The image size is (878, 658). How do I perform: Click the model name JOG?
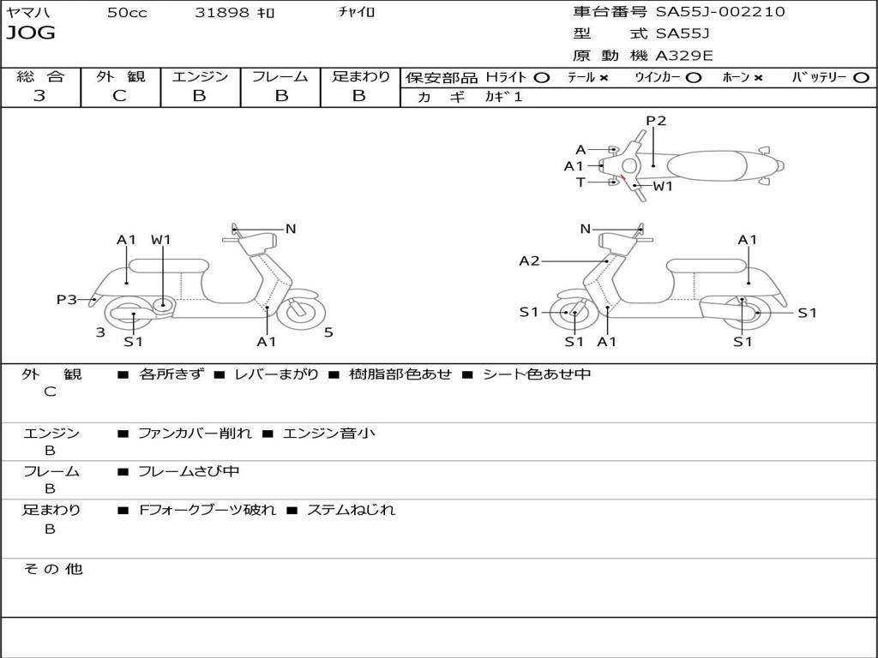(30, 33)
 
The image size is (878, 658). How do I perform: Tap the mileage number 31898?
(222, 12)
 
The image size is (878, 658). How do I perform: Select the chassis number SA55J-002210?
(720, 12)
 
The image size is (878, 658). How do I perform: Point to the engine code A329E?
(684, 56)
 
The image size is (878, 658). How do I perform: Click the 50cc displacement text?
(127, 12)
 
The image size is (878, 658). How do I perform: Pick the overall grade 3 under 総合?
(39, 96)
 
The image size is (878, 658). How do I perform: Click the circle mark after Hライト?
(542, 78)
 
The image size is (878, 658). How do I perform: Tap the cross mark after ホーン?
(758, 78)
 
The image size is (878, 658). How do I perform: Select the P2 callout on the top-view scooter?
(656, 121)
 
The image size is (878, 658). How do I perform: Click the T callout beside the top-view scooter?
(580, 182)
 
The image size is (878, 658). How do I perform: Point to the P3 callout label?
(67, 299)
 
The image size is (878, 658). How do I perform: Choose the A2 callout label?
(530, 260)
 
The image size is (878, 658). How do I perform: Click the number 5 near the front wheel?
(328, 332)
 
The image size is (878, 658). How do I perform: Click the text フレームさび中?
(189, 471)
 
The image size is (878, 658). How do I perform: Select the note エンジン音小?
(328, 434)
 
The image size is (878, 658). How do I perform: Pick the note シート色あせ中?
(537, 374)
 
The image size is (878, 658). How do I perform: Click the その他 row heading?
(52, 569)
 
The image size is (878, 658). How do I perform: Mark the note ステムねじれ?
(352, 510)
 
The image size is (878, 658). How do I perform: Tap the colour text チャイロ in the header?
(358, 12)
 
